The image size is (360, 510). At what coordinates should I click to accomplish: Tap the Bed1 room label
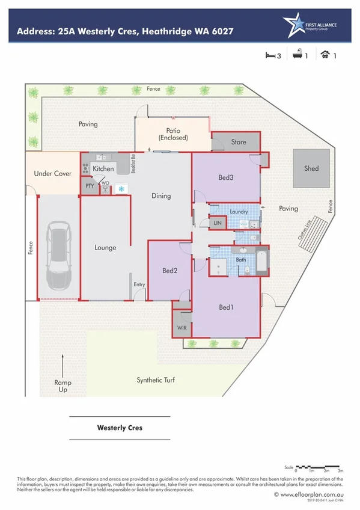[x=226, y=307]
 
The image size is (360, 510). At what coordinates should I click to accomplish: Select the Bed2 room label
[x=170, y=271]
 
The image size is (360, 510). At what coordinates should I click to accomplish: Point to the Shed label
[x=311, y=168]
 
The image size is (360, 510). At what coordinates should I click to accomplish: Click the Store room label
[x=239, y=143]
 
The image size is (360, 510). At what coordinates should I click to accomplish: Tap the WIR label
[x=182, y=328]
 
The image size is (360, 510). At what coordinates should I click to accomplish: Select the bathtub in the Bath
[x=262, y=260]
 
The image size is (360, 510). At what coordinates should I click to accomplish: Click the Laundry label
[x=239, y=212]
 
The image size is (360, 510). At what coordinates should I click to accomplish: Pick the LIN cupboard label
[x=218, y=223]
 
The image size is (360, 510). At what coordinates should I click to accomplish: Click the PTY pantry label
[x=90, y=186]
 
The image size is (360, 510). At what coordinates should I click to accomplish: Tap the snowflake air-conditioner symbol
[x=121, y=189]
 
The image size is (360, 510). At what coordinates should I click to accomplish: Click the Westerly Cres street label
[x=120, y=429]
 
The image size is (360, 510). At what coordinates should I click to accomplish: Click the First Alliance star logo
[x=294, y=24]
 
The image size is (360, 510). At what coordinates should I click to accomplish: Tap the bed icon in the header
[x=270, y=55]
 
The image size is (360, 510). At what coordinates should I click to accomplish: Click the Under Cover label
[x=52, y=174]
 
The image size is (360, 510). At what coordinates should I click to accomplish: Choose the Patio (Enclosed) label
[x=173, y=134]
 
